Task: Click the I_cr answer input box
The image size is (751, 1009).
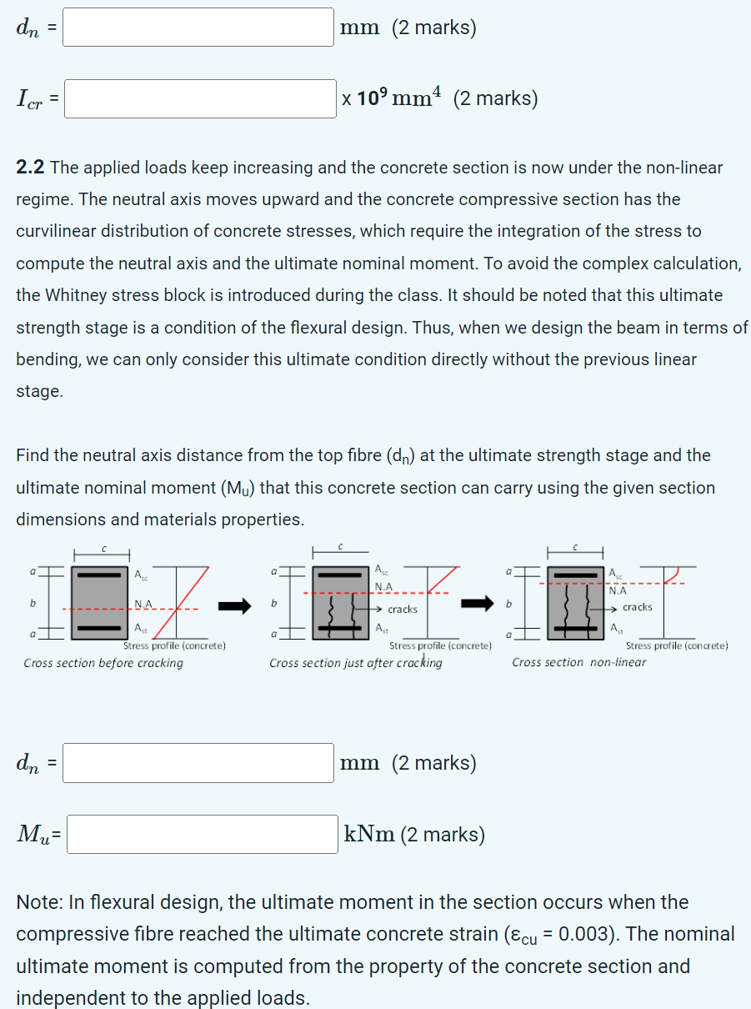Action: [x=200, y=98]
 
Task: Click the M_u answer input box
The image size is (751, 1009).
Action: [x=202, y=834]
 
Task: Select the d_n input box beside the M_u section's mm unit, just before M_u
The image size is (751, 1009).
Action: [x=198, y=763]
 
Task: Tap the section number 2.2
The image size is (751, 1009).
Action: [x=30, y=168]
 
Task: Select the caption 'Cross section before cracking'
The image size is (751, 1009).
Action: [x=103, y=663]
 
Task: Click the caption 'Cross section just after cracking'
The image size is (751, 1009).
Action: [x=356, y=663]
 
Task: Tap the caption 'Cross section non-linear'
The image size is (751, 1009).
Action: [x=578, y=662]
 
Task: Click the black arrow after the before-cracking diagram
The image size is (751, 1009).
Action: [x=234, y=606]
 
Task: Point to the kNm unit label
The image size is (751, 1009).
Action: [x=369, y=835]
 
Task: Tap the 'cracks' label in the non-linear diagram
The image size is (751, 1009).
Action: [x=638, y=607]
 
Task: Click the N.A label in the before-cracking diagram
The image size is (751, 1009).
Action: [x=143, y=604]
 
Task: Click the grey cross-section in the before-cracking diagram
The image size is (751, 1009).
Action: [x=101, y=600]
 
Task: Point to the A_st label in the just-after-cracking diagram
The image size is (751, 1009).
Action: [x=381, y=628]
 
